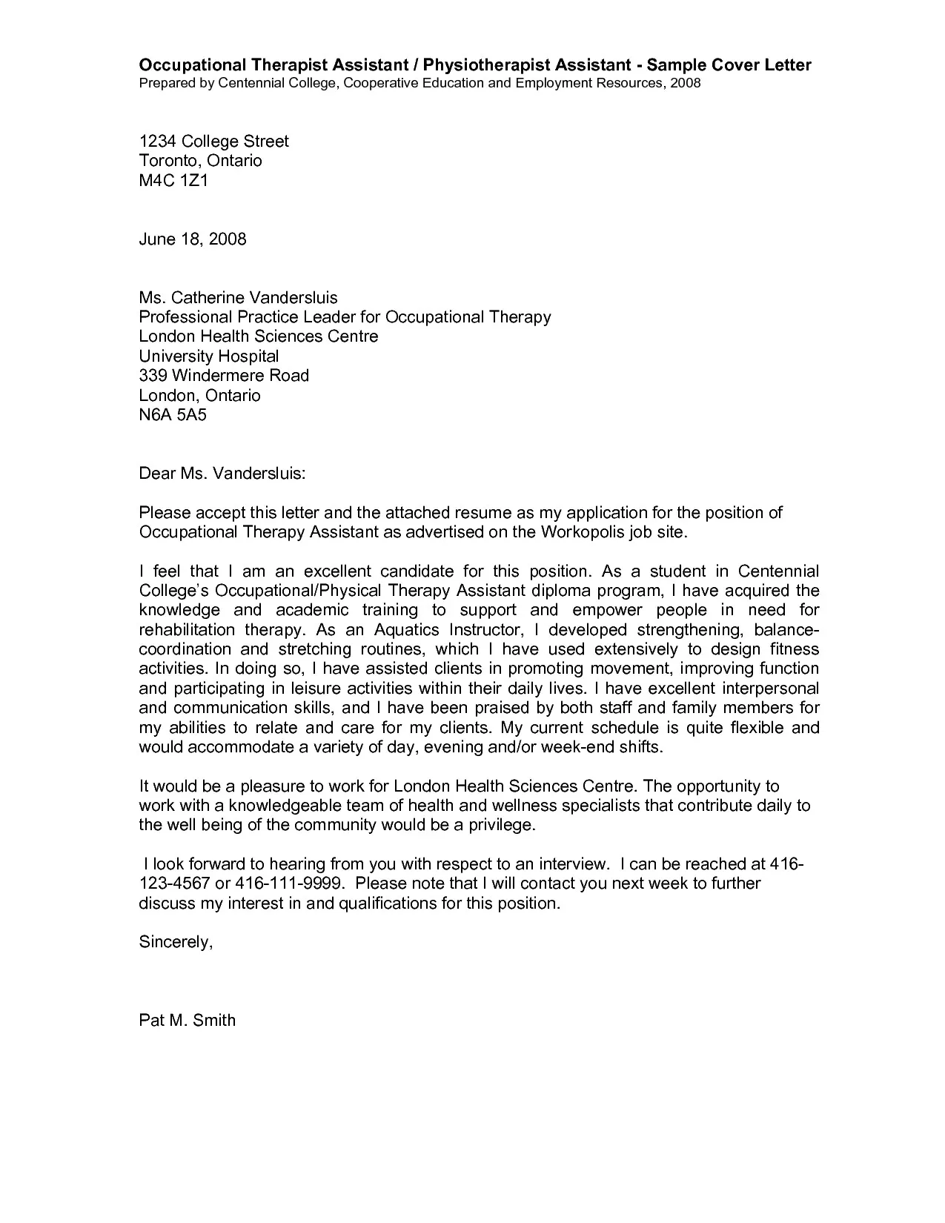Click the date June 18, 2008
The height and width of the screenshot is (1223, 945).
point(193,239)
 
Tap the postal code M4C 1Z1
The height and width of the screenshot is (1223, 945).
point(174,180)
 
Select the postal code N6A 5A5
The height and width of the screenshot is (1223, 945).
point(173,415)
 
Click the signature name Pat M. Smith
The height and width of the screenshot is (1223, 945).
point(188,1021)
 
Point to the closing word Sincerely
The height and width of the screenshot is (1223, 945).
point(176,942)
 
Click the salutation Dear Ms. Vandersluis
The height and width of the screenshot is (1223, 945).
point(222,474)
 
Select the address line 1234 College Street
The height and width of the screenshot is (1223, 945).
point(214,142)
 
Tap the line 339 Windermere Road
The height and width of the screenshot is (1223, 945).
point(224,376)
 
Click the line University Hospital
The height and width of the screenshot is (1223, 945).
point(209,357)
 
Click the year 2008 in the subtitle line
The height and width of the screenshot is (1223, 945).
point(685,83)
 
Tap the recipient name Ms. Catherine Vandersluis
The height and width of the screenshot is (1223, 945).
point(239,298)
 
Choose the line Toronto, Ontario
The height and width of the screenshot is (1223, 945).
point(201,161)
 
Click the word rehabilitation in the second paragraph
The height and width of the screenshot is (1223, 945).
point(187,630)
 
